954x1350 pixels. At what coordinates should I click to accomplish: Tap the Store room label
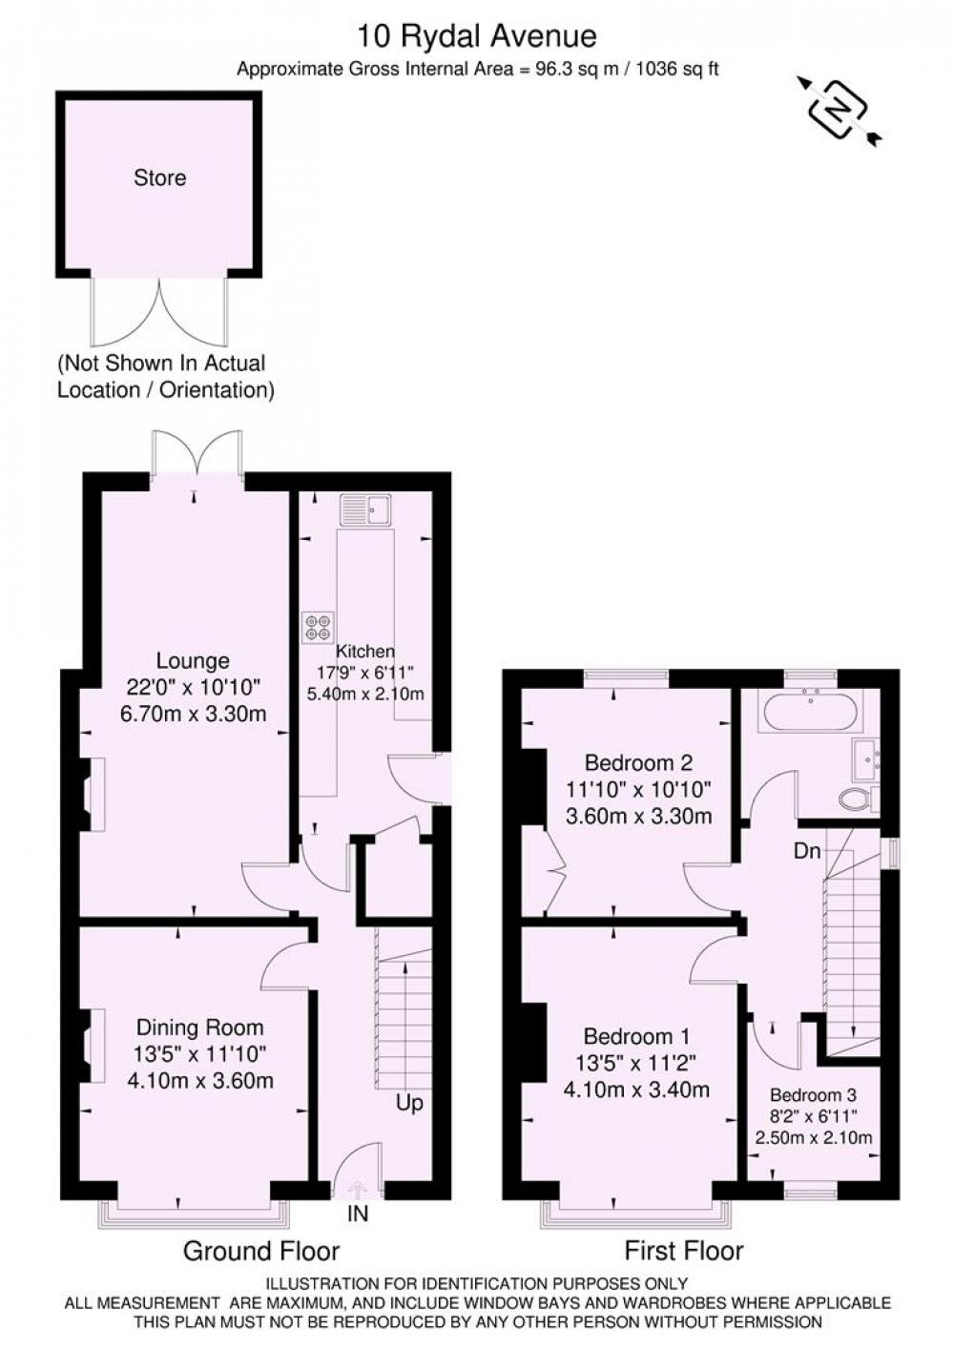pos(159,177)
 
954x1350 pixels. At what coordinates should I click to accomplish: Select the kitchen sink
pos(365,509)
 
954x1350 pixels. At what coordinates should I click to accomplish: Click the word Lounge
pos(193,661)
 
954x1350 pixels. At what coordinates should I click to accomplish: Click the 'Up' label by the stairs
pos(409,1103)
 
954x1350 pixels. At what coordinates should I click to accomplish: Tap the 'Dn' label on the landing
pos(807,851)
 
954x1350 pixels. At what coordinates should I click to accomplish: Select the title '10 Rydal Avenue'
pos(477,36)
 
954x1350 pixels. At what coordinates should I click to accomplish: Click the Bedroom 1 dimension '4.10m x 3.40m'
pos(635,1068)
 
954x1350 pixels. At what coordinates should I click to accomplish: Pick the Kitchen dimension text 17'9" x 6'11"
pos(365,672)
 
